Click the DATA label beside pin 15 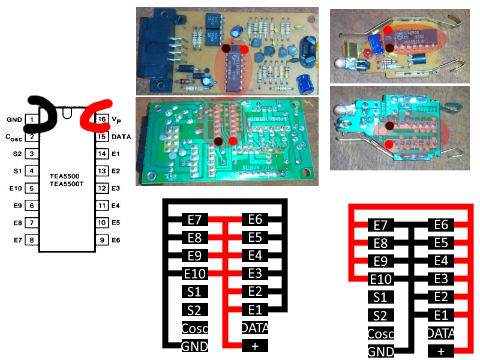point(122,137)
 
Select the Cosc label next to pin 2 point(14,137)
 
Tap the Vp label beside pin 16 point(118,120)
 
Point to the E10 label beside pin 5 point(16,188)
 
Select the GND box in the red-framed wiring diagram point(381,352)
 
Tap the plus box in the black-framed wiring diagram point(254,346)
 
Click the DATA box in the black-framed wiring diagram point(254,328)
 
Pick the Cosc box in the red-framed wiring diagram point(381,334)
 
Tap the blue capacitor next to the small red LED point(377,44)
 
